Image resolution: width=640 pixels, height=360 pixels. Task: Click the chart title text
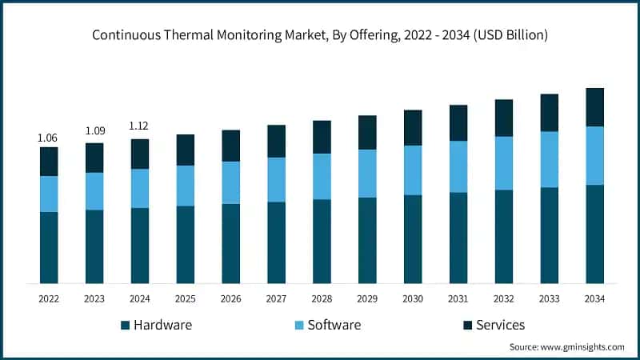click(x=320, y=35)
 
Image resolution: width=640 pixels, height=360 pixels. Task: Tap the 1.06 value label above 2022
click(x=48, y=138)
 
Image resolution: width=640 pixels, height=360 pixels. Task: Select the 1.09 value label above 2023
click(x=94, y=130)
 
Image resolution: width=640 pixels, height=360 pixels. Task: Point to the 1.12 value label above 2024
click(x=139, y=126)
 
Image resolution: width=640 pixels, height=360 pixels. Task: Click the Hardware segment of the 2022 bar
click(x=49, y=247)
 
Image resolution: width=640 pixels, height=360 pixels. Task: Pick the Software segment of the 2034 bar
click(x=595, y=155)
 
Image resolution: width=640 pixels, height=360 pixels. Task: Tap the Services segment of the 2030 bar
click(x=413, y=128)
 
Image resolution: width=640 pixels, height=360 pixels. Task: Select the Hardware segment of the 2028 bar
click(x=322, y=241)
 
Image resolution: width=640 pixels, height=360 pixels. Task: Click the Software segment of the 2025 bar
click(x=186, y=186)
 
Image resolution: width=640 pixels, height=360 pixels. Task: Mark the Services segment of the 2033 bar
click(x=550, y=113)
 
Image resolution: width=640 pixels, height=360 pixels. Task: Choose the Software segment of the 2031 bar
click(x=458, y=166)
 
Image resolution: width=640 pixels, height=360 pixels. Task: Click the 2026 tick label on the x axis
click(x=230, y=298)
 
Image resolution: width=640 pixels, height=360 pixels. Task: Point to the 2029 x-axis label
click(x=367, y=298)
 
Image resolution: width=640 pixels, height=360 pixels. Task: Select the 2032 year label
click(x=504, y=298)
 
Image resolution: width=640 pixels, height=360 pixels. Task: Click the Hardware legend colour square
click(x=125, y=326)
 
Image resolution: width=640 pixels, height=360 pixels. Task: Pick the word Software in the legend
click(x=334, y=325)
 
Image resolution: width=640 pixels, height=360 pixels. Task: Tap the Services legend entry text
click(x=500, y=325)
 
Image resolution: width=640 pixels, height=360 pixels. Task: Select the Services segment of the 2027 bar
click(x=276, y=141)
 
